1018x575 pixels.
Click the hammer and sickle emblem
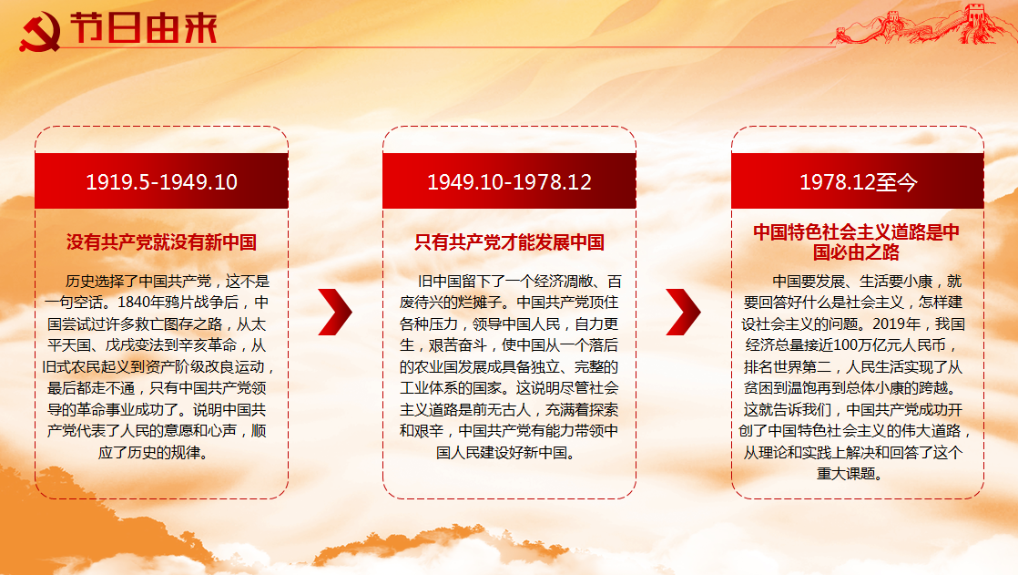coord(40,31)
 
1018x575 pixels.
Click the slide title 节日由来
coord(144,28)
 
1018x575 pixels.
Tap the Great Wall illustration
coord(921,25)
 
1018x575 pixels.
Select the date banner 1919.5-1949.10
coord(162,181)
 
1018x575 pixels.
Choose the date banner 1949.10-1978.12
coord(510,181)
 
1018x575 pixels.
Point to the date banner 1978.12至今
coord(858,181)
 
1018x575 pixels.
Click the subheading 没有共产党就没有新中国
coord(162,242)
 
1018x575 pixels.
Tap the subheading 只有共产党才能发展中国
coord(510,242)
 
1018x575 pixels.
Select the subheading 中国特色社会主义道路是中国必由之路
coord(856,241)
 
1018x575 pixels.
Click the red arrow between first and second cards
coord(336,312)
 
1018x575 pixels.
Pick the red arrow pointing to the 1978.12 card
coord(684,312)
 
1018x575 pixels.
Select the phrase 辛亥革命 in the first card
coord(208,345)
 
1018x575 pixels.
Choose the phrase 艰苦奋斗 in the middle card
coord(458,345)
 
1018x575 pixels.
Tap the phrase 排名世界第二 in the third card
coord(788,367)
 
